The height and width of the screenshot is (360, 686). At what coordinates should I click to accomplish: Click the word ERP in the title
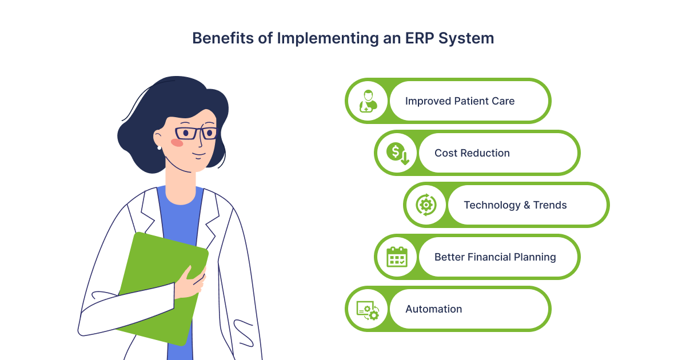(x=419, y=38)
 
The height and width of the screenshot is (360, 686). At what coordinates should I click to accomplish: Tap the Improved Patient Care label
(x=460, y=101)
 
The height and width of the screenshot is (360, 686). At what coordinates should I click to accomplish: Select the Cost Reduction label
(x=472, y=153)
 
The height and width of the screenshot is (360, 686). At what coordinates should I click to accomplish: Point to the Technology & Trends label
(x=515, y=205)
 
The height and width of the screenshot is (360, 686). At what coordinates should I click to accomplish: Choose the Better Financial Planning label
(x=495, y=257)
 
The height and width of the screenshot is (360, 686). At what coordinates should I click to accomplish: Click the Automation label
(x=434, y=309)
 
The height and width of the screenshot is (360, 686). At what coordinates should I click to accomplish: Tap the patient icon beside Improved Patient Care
(x=368, y=101)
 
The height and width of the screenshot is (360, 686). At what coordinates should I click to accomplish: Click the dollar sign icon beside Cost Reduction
(x=397, y=153)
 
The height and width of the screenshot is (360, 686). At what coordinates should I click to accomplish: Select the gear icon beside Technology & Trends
(x=426, y=205)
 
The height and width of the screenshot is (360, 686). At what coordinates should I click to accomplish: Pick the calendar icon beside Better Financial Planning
(x=397, y=257)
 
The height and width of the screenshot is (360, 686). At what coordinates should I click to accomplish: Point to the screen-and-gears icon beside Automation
(x=368, y=310)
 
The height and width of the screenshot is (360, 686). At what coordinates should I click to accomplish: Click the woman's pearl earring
(x=159, y=148)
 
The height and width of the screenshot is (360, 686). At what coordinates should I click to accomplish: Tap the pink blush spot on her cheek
(x=177, y=143)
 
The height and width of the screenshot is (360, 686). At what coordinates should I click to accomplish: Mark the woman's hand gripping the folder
(x=190, y=282)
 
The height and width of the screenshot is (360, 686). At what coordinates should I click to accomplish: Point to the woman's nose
(x=200, y=142)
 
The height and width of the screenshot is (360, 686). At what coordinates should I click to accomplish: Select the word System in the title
(x=466, y=39)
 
